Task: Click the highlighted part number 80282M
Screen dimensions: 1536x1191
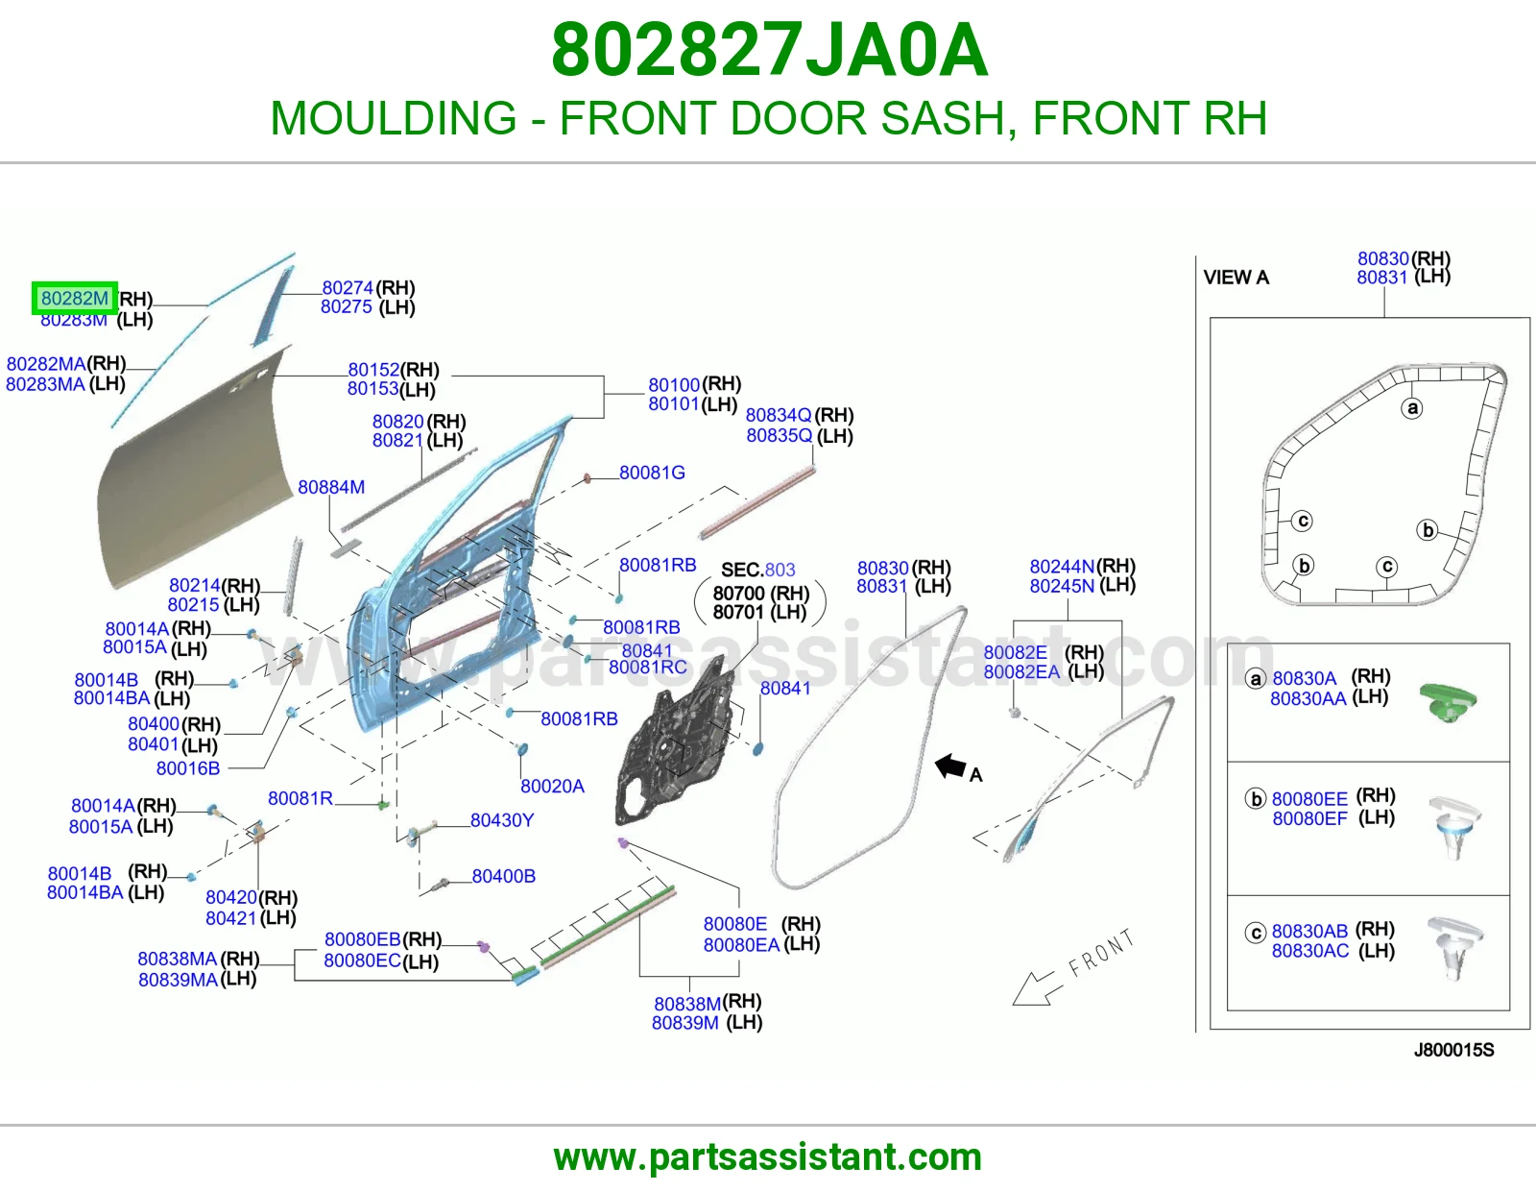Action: (74, 298)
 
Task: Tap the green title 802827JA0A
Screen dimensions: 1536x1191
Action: (769, 50)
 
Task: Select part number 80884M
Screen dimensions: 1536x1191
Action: (331, 487)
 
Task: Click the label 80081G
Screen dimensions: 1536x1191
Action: (652, 473)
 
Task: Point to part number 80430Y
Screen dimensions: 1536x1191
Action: (502, 819)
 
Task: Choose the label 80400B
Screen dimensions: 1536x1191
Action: (503, 876)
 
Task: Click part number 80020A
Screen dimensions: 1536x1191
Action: (552, 786)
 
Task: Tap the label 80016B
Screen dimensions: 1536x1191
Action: (188, 768)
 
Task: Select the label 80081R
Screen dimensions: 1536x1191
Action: (300, 798)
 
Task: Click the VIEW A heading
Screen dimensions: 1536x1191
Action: (1236, 278)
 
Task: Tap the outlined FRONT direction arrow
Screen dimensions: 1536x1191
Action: (1037, 988)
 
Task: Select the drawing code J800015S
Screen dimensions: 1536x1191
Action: (1453, 1050)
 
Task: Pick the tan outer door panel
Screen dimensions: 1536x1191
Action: (194, 471)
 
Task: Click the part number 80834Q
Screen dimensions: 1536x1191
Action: (779, 414)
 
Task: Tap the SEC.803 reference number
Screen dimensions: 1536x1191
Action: (780, 570)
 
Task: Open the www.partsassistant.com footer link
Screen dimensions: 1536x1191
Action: (768, 1157)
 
